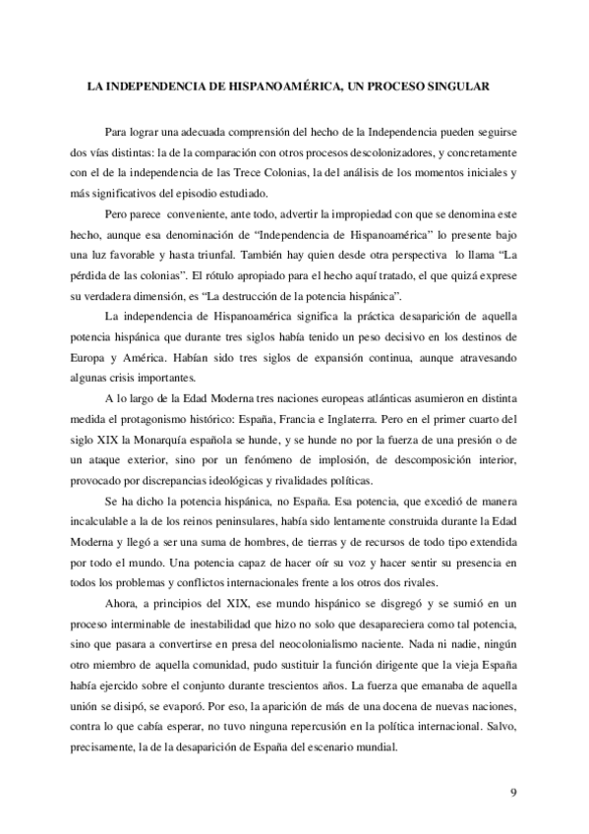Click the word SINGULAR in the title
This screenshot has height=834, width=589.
pyautogui.click(x=458, y=87)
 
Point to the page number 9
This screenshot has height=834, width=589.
pyautogui.click(x=513, y=791)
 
